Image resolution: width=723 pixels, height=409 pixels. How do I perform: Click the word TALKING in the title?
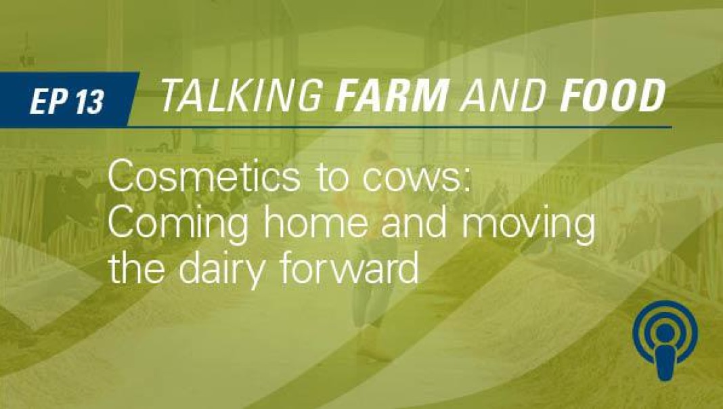point(242,95)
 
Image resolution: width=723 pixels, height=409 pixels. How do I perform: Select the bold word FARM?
point(393,95)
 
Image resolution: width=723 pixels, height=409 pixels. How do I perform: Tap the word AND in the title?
point(504,95)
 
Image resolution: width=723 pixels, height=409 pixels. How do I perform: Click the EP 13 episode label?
point(66,101)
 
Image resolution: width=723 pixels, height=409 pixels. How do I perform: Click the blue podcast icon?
point(665,340)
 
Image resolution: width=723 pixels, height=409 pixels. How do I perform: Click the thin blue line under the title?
point(400,126)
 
